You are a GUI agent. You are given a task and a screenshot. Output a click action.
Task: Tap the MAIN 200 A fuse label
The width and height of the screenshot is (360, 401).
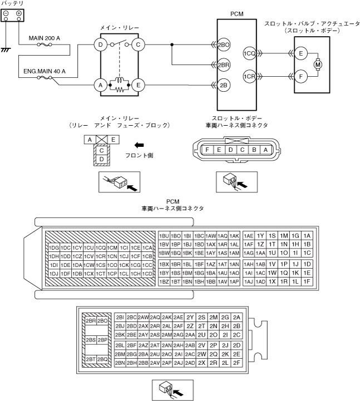45,38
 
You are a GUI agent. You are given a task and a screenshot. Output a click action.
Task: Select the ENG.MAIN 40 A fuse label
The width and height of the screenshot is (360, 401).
45,71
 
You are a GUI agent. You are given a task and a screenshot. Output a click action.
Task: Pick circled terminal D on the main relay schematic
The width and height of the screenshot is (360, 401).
101,44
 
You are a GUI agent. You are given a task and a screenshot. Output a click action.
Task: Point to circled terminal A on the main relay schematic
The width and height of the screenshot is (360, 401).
101,86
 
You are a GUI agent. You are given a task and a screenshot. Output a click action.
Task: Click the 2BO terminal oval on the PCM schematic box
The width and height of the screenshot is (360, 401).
224,44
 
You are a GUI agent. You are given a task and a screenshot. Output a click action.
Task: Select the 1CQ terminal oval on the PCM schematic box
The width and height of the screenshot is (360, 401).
249,53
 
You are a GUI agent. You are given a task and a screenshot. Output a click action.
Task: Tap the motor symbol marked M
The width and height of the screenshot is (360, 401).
318,65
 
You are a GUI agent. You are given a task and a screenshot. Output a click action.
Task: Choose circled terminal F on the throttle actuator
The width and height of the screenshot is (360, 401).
301,76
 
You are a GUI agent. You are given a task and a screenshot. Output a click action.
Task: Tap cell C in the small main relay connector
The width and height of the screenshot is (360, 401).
102,150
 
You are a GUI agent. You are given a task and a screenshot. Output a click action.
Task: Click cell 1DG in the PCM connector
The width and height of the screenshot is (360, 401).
54,247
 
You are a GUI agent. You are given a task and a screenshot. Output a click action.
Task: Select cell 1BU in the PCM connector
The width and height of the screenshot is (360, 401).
164,235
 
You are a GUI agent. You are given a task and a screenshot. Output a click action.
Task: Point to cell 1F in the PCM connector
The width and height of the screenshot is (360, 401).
307,281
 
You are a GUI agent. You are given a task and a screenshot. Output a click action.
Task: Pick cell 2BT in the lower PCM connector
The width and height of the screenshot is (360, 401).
90,359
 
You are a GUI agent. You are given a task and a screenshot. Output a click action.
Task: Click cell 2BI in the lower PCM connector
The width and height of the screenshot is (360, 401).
120,317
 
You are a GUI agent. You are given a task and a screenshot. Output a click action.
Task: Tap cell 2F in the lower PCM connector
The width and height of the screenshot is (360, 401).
237,363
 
